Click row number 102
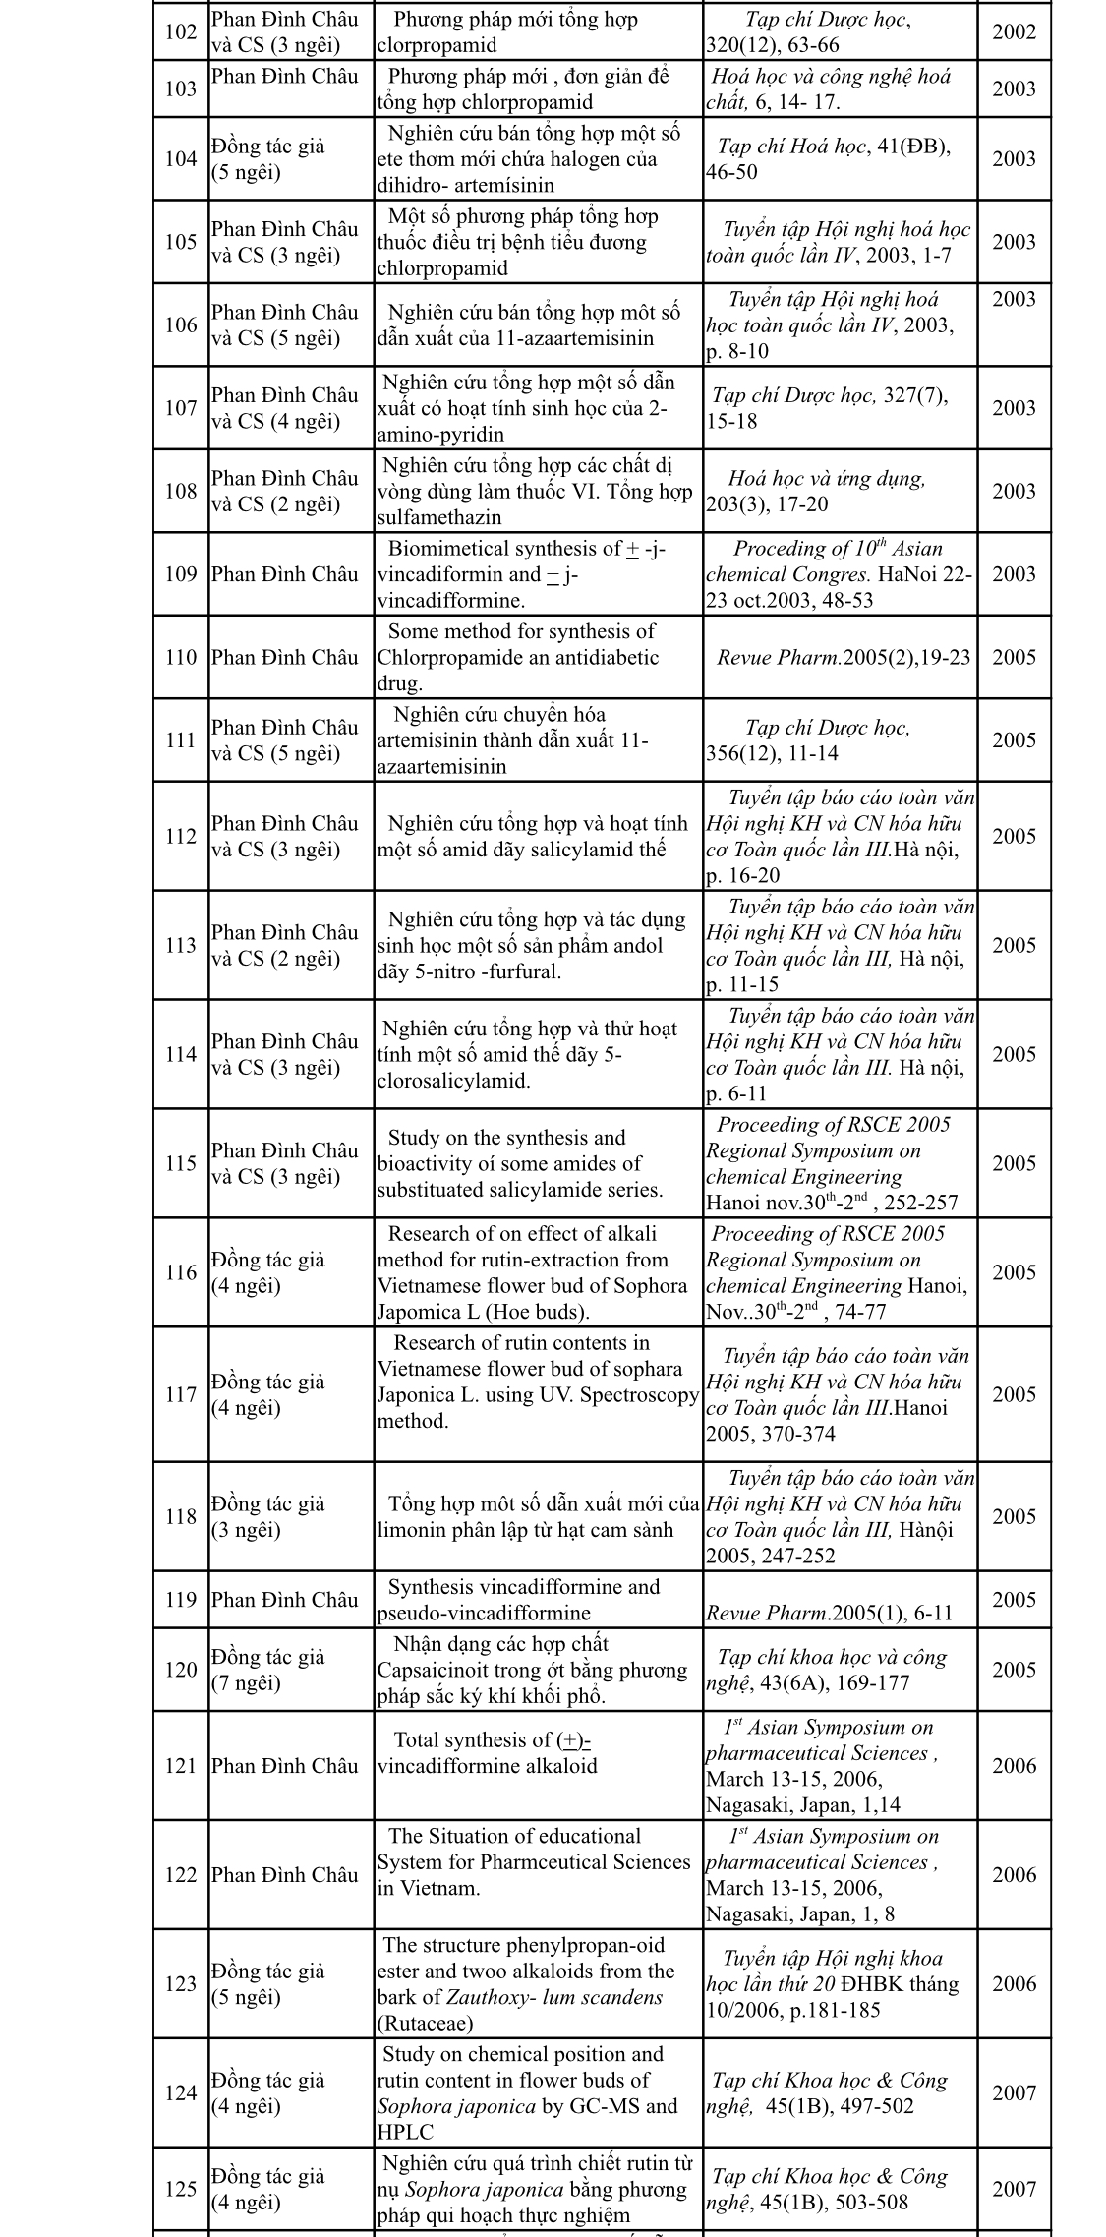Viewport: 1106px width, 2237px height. tap(181, 32)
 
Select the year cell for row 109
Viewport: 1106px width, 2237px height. tap(1014, 574)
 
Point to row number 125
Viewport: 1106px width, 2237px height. tap(181, 2189)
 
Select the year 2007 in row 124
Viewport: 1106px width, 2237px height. tap(1014, 2092)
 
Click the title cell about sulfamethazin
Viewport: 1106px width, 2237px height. tap(538, 492)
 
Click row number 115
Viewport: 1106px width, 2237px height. tap(181, 1163)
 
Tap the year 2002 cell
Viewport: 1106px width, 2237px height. tap(1014, 32)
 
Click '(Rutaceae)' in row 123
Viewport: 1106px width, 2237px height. tap(425, 2023)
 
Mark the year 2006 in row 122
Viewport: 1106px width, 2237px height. tap(1014, 1874)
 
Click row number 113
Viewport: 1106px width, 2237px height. tap(181, 945)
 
